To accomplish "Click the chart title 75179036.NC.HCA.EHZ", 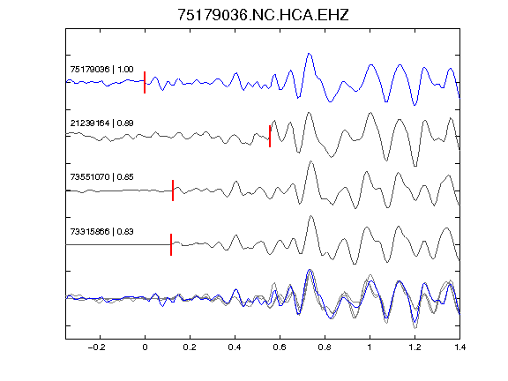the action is pos(263,15).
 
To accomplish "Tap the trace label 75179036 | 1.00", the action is pos(101,70).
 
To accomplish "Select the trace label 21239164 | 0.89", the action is pos(101,123).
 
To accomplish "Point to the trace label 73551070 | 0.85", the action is pos(101,177).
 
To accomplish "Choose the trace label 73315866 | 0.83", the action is pos(101,232).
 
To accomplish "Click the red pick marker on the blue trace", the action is pos(145,82).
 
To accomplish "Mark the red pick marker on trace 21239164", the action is pos(270,136).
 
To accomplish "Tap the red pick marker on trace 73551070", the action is pos(173,190).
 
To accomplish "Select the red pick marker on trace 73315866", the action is pos(171,244).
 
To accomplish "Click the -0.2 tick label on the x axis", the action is pos(97,347).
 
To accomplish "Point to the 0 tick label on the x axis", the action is pos(145,347).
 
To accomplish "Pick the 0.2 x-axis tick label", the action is pos(190,347).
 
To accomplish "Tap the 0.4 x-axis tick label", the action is pos(235,347).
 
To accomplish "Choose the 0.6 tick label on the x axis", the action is pos(280,347).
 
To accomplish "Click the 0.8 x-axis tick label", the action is pos(325,347).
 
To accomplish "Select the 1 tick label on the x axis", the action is pos(370,347).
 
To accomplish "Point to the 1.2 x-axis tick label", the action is pos(415,347).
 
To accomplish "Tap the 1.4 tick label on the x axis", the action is pos(459,347).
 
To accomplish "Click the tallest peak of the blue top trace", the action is pos(309,54).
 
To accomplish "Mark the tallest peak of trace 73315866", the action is pos(311,216).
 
